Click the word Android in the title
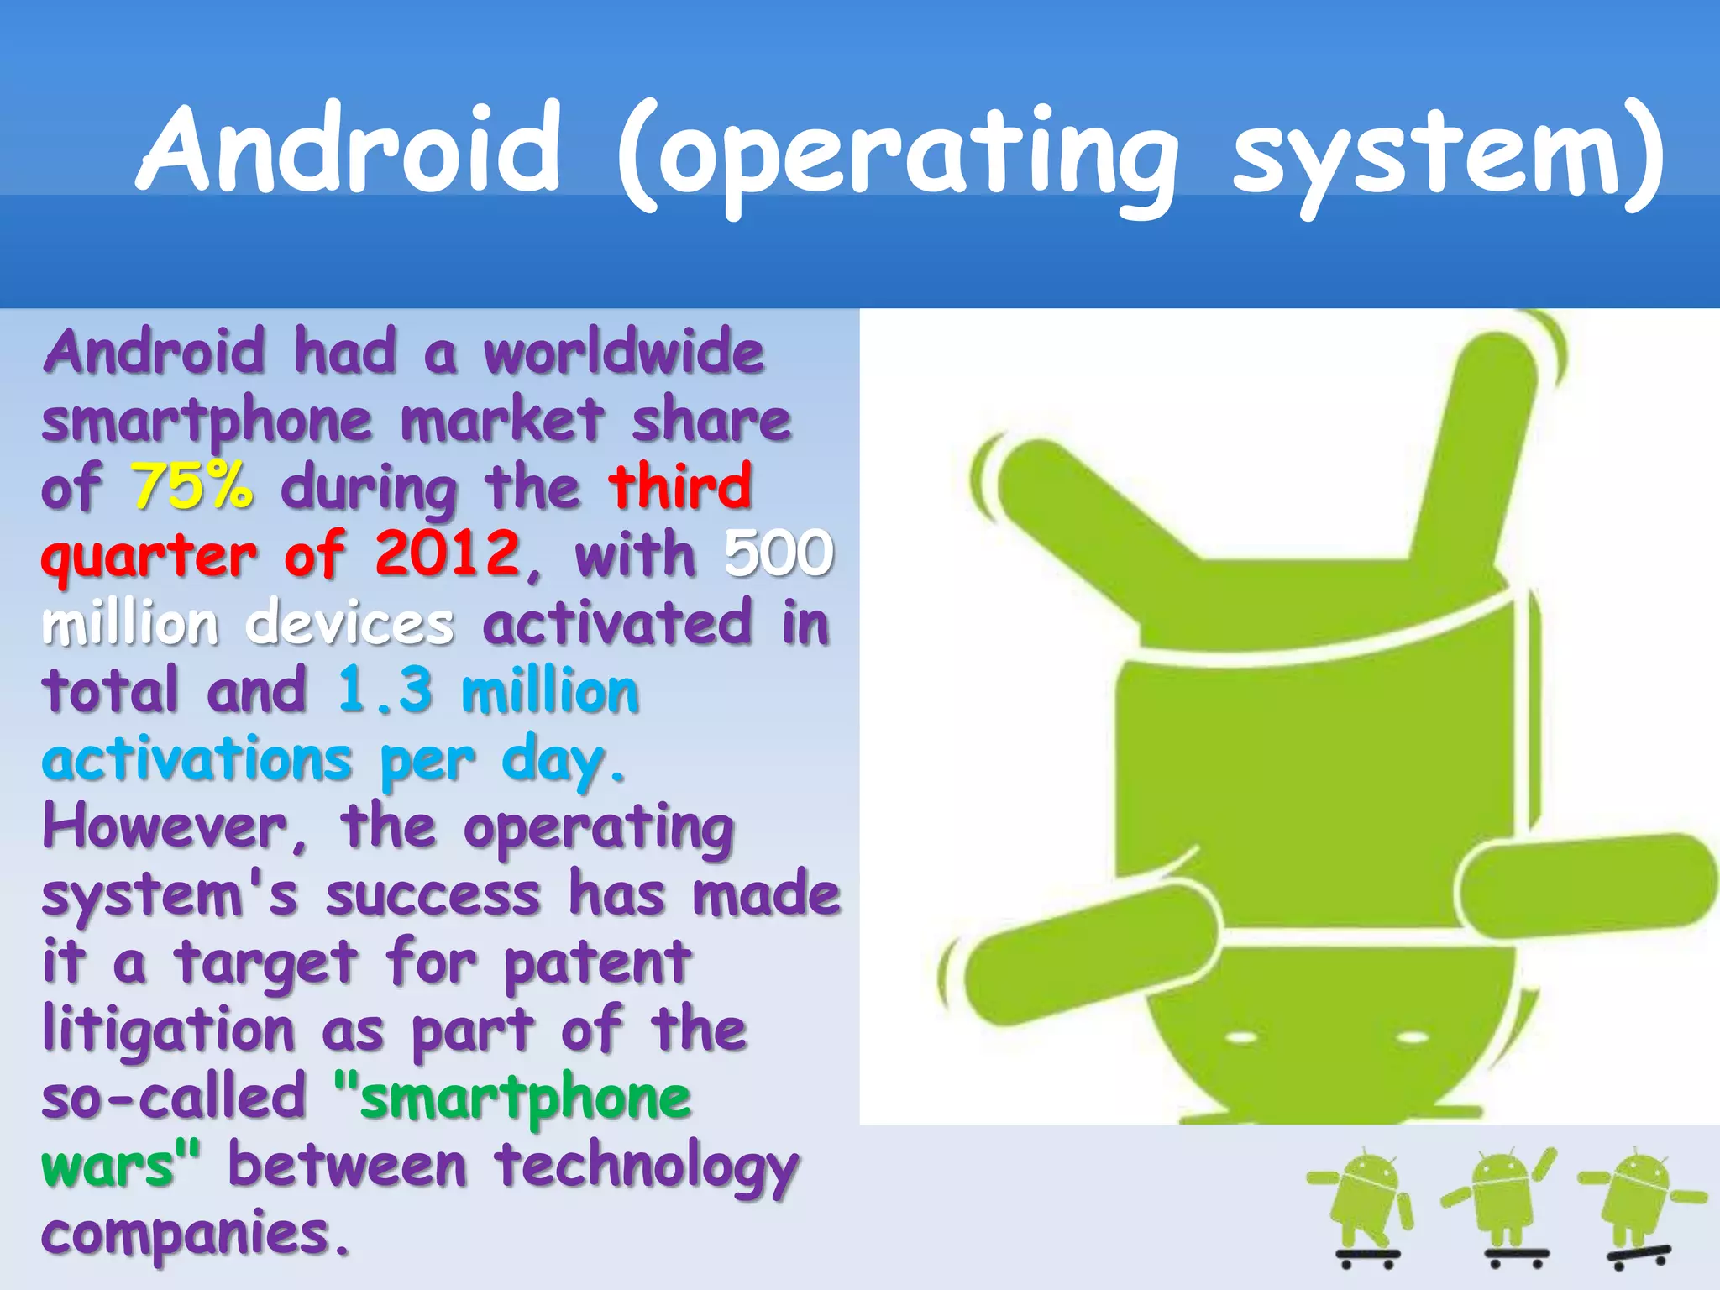pos(349,149)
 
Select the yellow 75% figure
pos(192,486)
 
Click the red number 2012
pos(448,554)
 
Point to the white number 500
pos(779,554)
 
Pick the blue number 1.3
pos(385,690)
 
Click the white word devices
pos(350,623)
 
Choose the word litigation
pos(169,1030)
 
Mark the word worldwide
pos(624,352)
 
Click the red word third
pos(679,486)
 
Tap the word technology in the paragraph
pos(646,1168)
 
